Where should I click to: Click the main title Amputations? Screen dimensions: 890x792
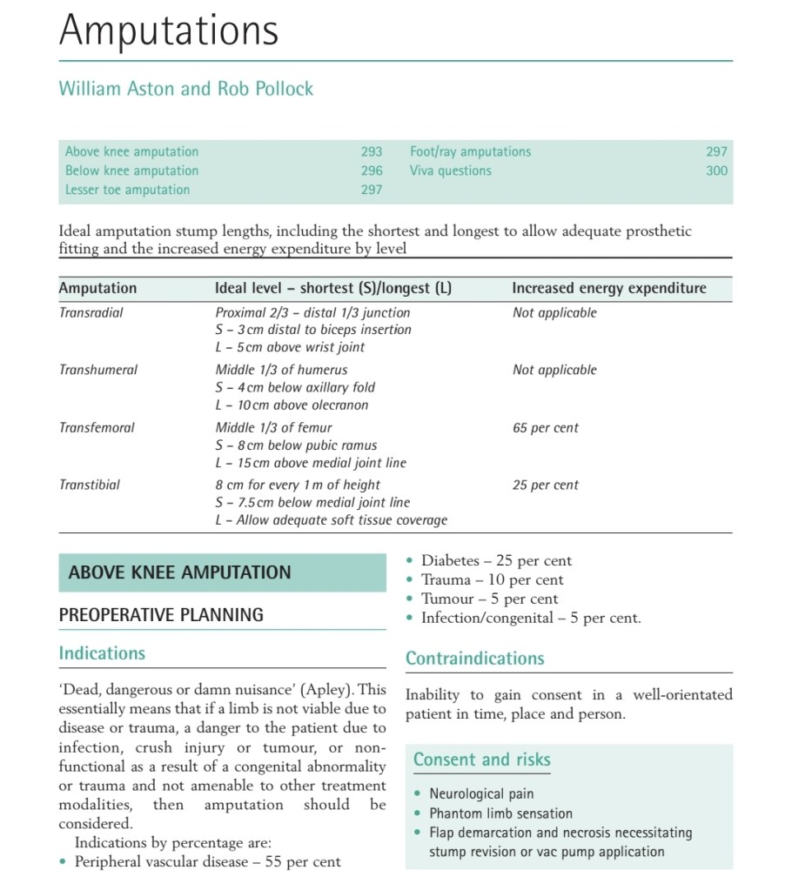[x=169, y=30]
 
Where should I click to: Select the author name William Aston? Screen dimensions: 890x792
[x=116, y=89]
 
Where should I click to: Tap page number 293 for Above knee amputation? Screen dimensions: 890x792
[x=372, y=151]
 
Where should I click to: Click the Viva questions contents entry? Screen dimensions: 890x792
[x=451, y=171]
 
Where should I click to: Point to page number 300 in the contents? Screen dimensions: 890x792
[x=716, y=171]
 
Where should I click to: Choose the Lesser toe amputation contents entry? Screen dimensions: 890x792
[x=127, y=190]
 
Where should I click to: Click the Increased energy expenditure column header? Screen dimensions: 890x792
[x=609, y=288]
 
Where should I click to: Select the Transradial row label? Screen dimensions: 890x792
[x=91, y=312]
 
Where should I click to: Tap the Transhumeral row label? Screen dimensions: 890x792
[x=98, y=370]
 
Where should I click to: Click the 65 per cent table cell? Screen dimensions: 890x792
[x=546, y=427]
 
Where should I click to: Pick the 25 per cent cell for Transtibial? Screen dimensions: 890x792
[x=546, y=485]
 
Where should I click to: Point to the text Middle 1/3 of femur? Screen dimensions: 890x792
[x=274, y=427]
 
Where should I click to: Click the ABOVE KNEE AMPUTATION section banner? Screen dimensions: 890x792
[x=180, y=572]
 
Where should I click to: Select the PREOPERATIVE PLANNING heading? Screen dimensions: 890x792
[x=161, y=615]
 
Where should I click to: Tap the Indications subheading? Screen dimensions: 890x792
[x=102, y=653]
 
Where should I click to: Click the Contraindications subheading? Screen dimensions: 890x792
[x=475, y=659]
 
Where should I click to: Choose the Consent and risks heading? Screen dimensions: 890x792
[x=482, y=760]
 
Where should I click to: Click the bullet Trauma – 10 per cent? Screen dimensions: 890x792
[x=493, y=580]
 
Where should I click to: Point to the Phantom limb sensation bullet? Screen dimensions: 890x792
[x=500, y=813]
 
